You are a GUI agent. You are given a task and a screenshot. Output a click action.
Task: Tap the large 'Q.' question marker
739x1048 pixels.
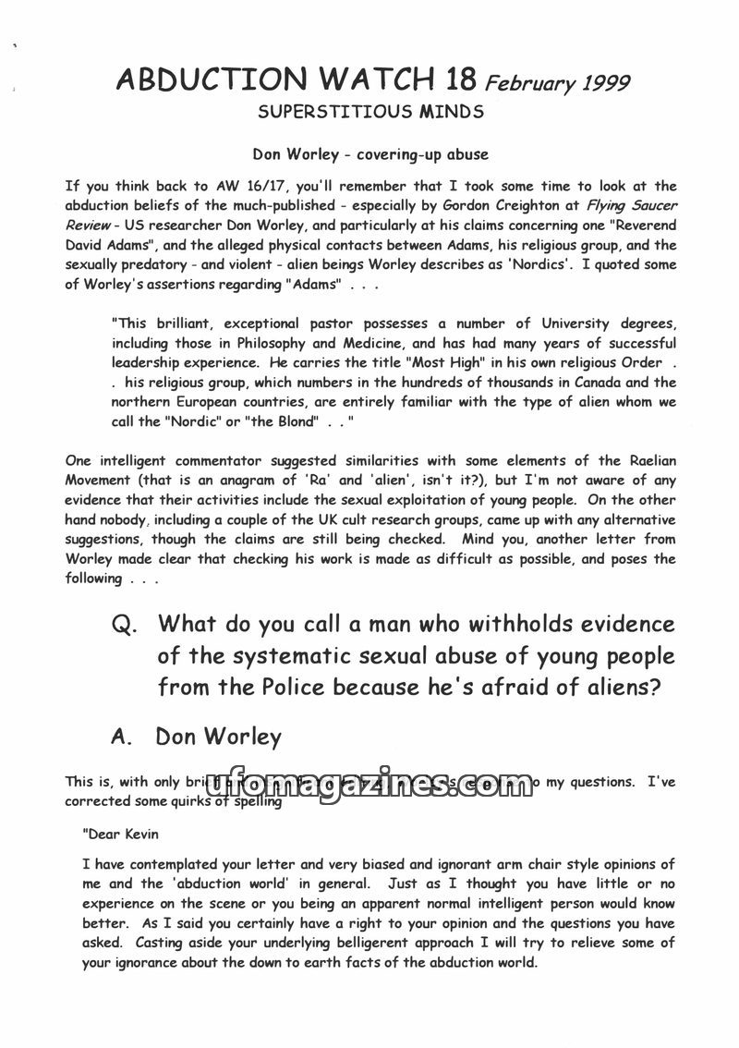click(x=125, y=625)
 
